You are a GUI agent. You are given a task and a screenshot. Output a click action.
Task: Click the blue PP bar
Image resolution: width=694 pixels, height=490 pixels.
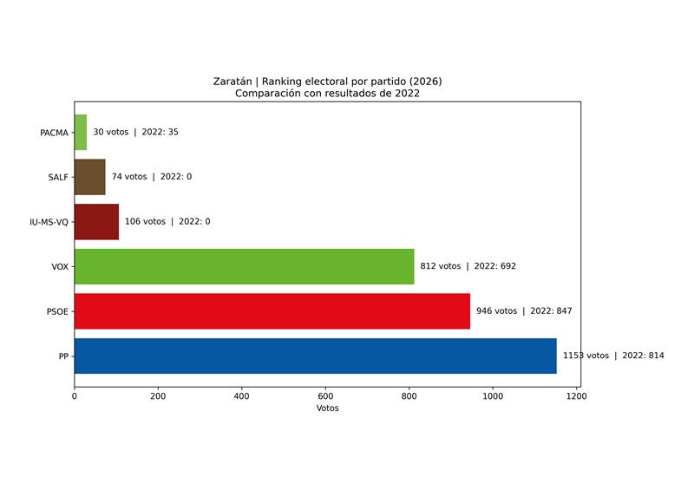[x=315, y=356]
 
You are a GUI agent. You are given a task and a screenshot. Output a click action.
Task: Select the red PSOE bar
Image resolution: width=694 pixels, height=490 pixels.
[x=272, y=311]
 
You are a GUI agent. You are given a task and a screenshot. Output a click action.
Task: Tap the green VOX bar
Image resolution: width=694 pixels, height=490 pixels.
[x=244, y=266]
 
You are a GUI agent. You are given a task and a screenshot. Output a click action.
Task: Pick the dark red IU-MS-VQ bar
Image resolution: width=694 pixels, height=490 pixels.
[x=96, y=221]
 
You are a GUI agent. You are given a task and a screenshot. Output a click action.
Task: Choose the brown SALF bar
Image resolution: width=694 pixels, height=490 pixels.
[x=89, y=177]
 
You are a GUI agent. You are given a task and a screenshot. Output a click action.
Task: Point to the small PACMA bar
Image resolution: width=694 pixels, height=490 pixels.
[x=81, y=132]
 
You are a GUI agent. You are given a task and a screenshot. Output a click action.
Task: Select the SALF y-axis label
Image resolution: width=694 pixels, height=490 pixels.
[x=57, y=177]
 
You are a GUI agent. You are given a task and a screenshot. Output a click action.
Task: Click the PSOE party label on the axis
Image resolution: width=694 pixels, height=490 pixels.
[x=56, y=311]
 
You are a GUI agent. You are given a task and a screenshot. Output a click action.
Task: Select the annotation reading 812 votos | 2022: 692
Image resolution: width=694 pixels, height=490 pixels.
[x=468, y=266]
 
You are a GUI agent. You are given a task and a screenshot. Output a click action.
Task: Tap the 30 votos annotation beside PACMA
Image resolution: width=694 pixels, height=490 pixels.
[x=135, y=132]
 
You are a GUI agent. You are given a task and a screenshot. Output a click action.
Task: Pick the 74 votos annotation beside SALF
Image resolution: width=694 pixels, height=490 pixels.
[x=151, y=177]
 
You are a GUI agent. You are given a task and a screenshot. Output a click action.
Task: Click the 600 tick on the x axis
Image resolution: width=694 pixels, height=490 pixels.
[x=325, y=396]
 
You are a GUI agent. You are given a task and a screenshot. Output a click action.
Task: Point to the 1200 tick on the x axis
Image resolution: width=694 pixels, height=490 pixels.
[x=576, y=396]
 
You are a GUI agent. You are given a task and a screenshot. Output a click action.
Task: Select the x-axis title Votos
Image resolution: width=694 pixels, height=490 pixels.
[x=327, y=408]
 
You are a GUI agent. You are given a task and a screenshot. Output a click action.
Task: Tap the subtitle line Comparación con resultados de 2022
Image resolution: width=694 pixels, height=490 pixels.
[x=327, y=93]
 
